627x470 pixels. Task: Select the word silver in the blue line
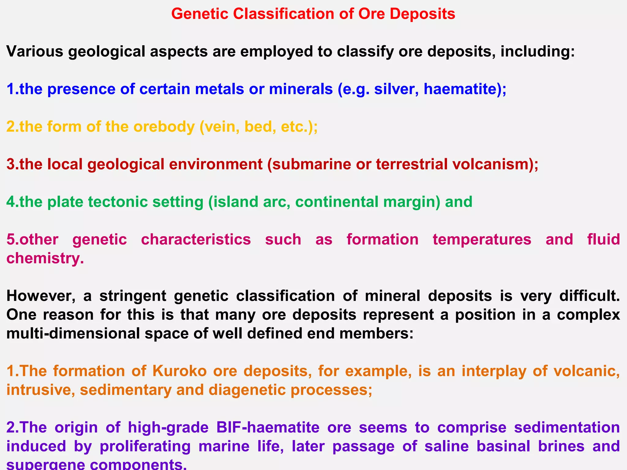[x=393, y=89]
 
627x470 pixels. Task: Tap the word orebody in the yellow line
[x=164, y=127]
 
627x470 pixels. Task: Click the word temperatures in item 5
[x=482, y=239]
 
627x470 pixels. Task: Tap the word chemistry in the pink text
[x=45, y=259]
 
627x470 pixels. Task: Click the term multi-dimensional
[x=73, y=334]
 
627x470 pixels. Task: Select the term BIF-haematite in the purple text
[x=268, y=427]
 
